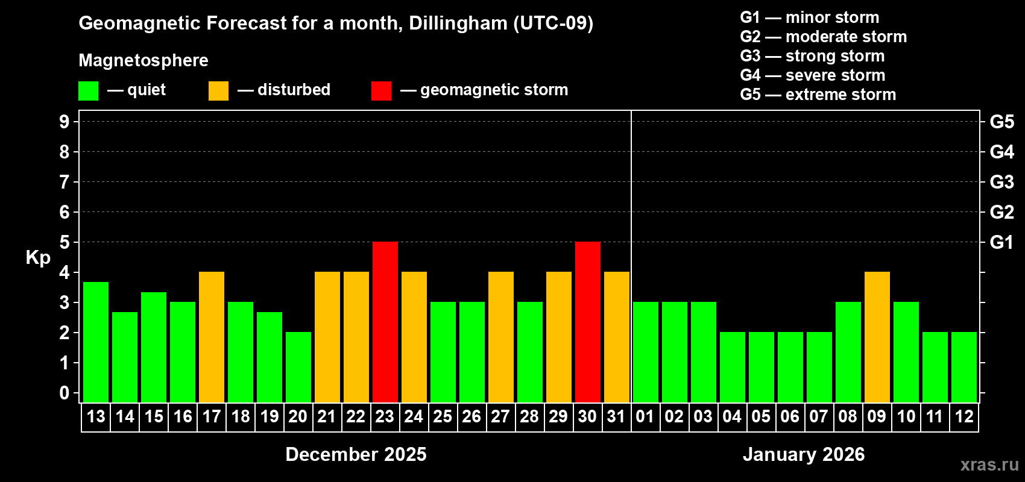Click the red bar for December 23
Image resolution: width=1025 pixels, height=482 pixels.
(x=385, y=322)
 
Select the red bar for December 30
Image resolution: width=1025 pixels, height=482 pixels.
(x=587, y=322)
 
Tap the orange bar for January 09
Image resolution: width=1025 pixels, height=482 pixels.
(x=877, y=337)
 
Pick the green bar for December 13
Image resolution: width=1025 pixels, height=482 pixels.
(x=95, y=342)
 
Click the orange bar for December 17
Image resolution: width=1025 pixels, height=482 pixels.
(x=211, y=337)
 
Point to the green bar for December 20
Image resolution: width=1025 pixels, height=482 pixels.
(x=298, y=367)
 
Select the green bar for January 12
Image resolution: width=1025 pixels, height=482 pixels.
(x=963, y=367)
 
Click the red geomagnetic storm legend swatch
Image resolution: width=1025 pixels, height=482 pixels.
(x=381, y=91)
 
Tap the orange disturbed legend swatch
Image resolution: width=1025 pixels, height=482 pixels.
(x=218, y=91)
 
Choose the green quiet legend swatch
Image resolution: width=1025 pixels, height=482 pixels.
(x=88, y=91)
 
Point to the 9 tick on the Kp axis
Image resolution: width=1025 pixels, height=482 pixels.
(x=65, y=122)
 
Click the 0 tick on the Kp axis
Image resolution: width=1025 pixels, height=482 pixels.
(x=65, y=393)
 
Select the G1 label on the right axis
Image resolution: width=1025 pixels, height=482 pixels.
(x=1001, y=242)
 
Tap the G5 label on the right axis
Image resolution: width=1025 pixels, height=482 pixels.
(x=1001, y=122)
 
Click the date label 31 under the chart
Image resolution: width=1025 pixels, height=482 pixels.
(x=616, y=416)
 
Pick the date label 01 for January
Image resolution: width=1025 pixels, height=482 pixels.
(x=645, y=416)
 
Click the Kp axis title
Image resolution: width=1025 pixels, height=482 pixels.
(x=38, y=257)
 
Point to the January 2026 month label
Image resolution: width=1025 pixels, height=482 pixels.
(x=803, y=454)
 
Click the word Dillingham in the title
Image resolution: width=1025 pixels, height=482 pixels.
(x=458, y=23)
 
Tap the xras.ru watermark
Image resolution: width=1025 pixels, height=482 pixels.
(x=989, y=465)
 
